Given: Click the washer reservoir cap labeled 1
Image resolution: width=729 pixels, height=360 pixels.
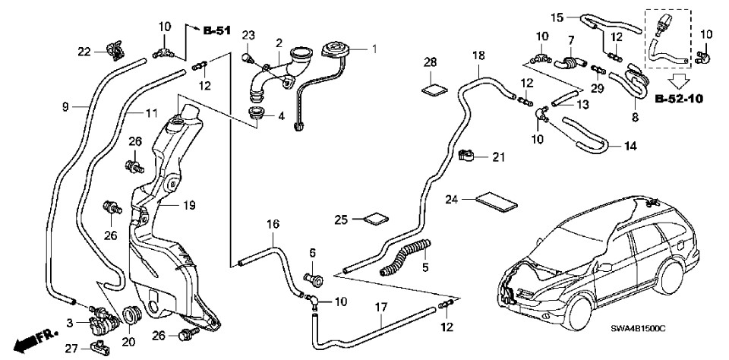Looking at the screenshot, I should coord(334,51).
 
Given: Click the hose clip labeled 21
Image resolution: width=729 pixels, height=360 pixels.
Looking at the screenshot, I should coord(469,157).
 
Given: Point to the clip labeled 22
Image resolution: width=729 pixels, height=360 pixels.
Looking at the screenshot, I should coord(115,50).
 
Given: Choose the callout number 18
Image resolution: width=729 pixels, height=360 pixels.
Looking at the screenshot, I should coord(478,56).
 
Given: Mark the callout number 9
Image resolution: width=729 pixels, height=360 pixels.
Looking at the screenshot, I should coord(65,107).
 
